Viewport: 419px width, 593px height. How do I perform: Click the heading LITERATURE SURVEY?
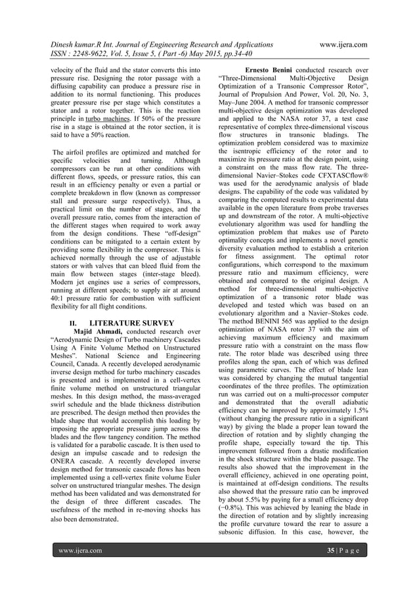pos(131,323)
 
